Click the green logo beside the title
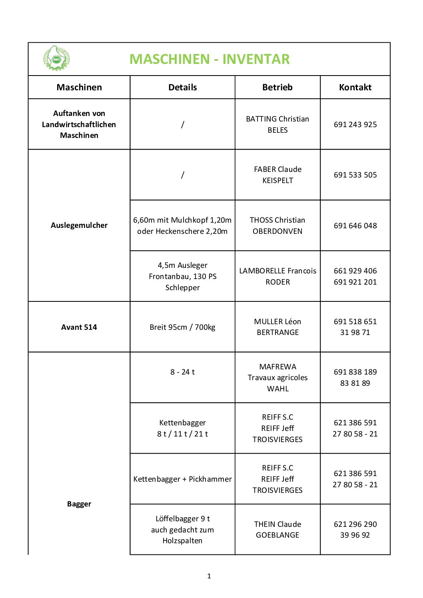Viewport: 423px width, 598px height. [56, 58]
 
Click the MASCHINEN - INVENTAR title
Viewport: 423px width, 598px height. [209, 59]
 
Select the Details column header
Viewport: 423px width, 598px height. [182, 87]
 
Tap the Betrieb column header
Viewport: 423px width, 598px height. [277, 87]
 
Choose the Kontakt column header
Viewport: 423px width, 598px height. [355, 87]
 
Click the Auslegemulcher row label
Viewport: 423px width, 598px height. [79, 225]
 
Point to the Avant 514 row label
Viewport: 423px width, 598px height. [79, 327]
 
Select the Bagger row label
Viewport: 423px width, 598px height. [79, 504]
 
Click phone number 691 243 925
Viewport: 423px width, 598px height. [355, 124]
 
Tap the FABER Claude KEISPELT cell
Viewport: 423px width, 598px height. [277, 175]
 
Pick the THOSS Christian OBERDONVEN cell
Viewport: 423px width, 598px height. [277, 225]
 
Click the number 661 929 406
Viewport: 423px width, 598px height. [355, 271]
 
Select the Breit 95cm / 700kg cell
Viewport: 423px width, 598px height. [182, 327]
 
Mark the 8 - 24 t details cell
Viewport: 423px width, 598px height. [182, 372]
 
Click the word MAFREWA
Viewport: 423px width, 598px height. [277, 367]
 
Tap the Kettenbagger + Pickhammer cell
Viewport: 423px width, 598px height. [182, 479]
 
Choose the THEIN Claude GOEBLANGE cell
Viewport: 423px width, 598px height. [277, 529]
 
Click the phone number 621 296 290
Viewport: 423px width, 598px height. [355, 524]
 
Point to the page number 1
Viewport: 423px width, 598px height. [209, 576]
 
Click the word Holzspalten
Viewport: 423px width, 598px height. [182, 540]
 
